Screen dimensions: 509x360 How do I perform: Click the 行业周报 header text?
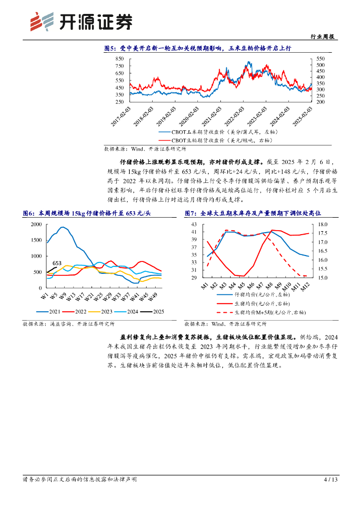point(323,37)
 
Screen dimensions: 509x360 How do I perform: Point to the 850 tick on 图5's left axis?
point(119,59)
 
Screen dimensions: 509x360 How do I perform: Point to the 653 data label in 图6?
point(57,263)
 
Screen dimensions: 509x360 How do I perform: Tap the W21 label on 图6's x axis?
point(89,296)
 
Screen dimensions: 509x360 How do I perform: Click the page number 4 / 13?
point(331,480)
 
